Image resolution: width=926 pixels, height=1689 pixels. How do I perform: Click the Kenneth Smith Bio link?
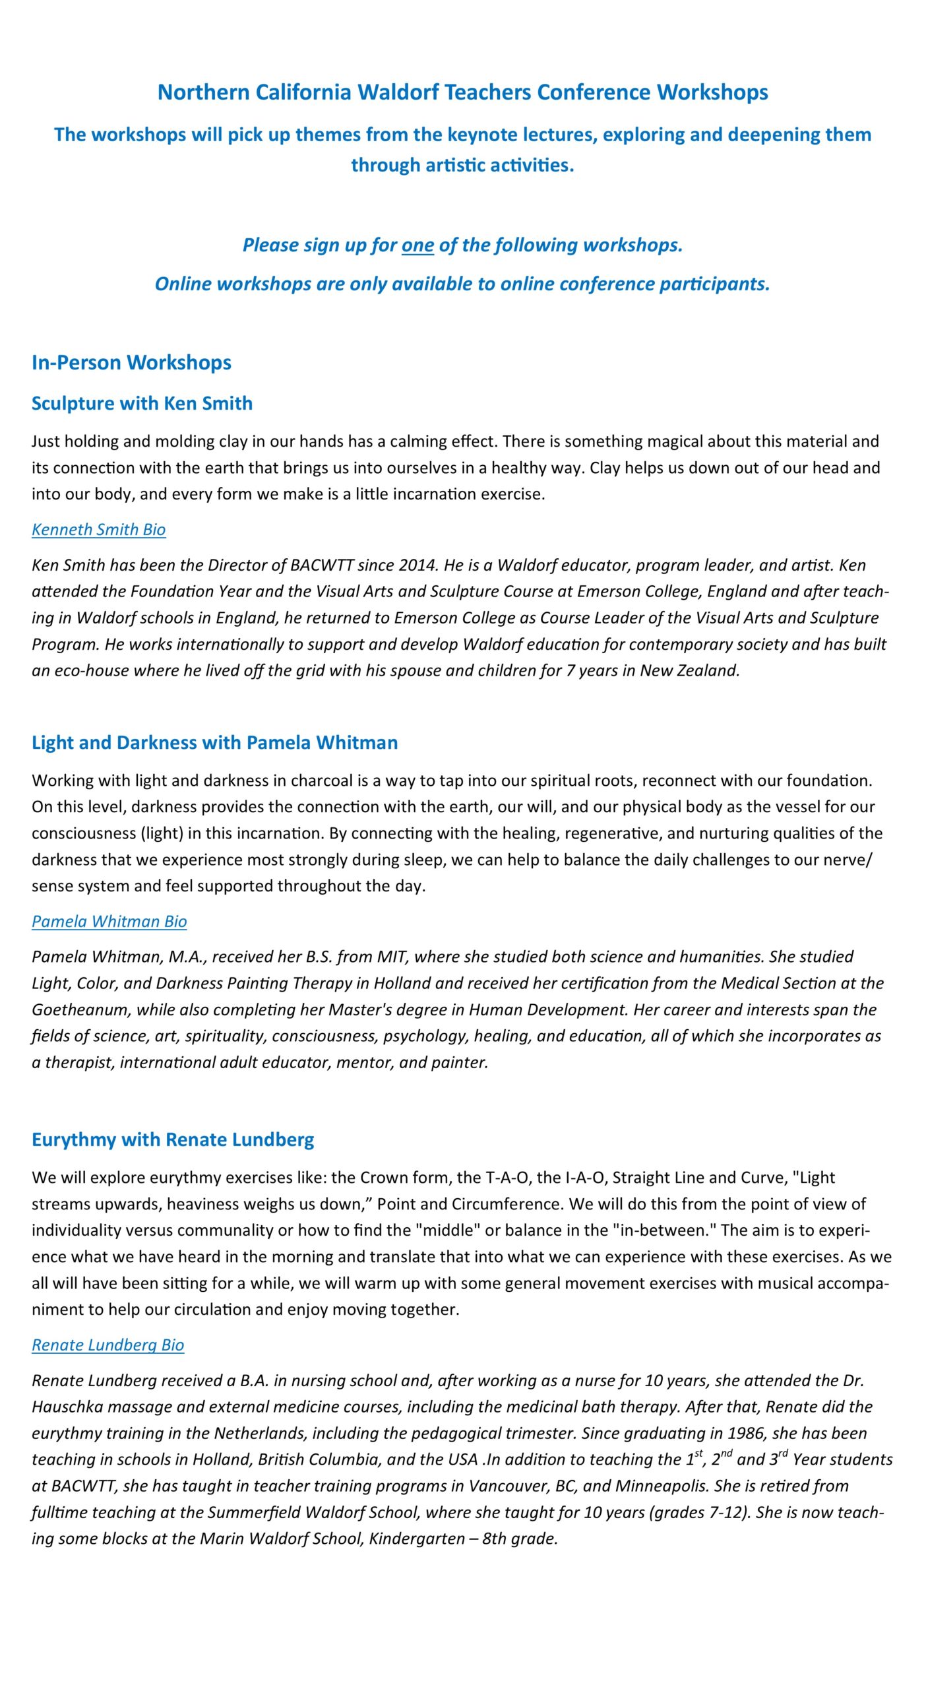click(98, 529)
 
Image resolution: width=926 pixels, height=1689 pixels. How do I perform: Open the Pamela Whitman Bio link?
click(109, 921)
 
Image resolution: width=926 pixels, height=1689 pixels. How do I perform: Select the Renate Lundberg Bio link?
click(108, 1345)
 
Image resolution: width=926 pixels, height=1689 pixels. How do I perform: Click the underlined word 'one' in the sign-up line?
click(417, 245)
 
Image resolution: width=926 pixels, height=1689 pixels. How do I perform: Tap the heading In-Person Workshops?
click(131, 362)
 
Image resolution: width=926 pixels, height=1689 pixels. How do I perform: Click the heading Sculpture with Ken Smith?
click(142, 403)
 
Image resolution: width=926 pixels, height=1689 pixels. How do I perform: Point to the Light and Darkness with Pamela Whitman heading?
click(214, 742)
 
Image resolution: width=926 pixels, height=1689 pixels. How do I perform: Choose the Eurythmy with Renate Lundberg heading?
click(173, 1139)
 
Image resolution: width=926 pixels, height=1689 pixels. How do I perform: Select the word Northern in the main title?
click(203, 92)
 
